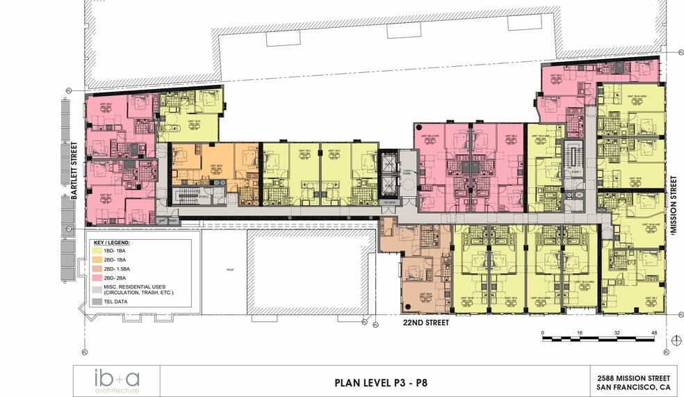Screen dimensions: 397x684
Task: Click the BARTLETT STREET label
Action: tap(74, 171)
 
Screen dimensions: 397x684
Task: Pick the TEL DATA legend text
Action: tap(118, 302)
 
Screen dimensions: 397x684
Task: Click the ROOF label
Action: tap(229, 269)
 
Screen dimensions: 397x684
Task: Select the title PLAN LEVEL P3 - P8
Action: tap(380, 381)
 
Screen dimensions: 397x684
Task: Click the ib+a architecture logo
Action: tap(117, 381)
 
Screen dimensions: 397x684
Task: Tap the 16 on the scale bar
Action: tap(580, 333)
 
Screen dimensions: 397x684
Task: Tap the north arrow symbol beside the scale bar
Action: tap(674, 339)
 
